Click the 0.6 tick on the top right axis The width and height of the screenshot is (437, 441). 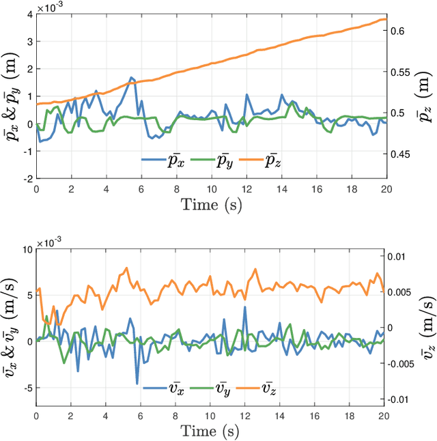tap(399, 31)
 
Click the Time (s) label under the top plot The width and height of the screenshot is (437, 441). tap(211, 204)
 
